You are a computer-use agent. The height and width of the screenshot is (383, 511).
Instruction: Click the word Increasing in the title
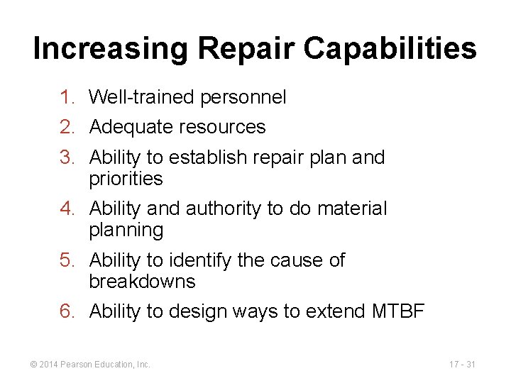111,49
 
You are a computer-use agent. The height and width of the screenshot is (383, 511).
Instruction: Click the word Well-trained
142,97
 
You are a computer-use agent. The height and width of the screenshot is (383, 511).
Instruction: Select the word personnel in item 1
243,97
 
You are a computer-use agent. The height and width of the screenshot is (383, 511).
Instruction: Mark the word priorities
126,179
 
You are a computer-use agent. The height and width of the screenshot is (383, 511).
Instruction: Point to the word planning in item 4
126,230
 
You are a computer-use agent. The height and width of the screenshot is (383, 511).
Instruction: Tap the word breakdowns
142,282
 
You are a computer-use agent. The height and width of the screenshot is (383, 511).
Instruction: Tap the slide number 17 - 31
462,365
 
